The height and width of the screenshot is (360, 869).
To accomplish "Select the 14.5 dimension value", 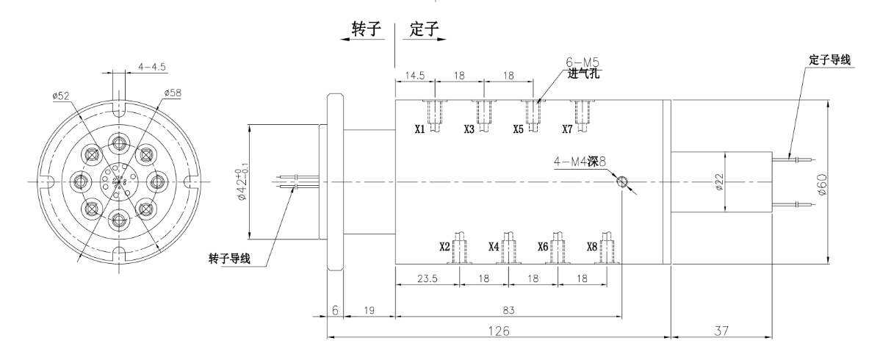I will (x=414, y=76).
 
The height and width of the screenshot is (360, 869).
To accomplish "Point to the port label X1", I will (x=419, y=129).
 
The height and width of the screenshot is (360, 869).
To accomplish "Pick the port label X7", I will (x=567, y=129).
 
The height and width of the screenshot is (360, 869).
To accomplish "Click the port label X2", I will (x=444, y=246).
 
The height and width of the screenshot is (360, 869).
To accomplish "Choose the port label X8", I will (x=591, y=246).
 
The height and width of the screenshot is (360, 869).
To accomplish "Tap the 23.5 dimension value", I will (x=428, y=279).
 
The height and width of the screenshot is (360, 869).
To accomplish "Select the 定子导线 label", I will (x=829, y=60).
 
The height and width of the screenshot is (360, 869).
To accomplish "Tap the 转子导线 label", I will (x=230, y=259).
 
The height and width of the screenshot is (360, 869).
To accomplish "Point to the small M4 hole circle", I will (x=623, y=181).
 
